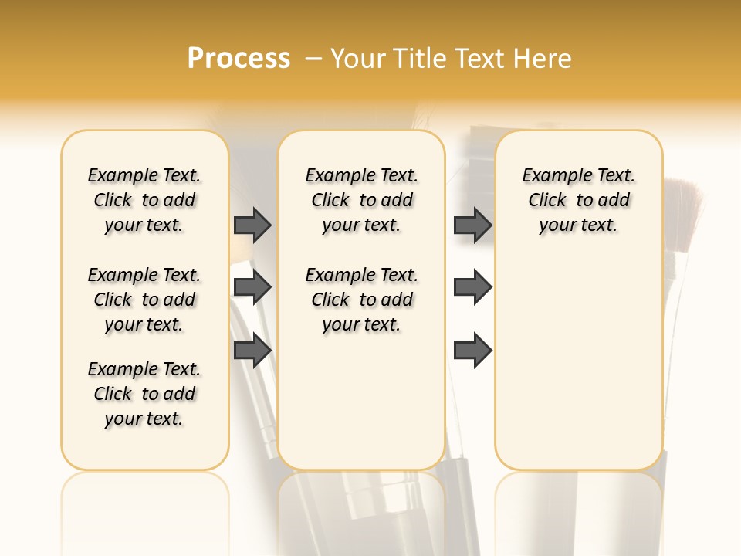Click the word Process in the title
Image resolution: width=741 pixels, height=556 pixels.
(x=239, y=59)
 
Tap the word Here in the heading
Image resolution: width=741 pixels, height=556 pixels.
(x=544, y=59)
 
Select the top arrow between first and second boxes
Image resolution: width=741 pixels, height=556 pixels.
(x=252, y=225)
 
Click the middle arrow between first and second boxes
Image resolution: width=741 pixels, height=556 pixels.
(x=252, y=288)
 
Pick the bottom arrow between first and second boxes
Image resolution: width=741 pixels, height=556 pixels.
(x=252, y=351)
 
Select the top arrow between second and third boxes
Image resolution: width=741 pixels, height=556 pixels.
(x=472, y=225)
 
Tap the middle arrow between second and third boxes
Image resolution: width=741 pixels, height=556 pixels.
(x=472, y=288)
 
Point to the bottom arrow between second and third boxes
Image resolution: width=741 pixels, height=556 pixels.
(x=472, y=351)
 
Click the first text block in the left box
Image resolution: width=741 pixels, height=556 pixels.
(x=144, y=200)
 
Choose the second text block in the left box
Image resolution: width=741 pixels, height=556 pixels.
(x=144, y=300)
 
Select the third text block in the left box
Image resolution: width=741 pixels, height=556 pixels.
(x=144, y=394)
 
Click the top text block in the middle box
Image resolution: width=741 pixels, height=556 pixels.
(x=361, y=200)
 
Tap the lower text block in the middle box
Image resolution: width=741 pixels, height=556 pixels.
(x=361, y=300)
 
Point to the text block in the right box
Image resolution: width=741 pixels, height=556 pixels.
(x=578, y=200)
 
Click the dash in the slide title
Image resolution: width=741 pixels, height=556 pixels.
(x=313, y=59)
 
